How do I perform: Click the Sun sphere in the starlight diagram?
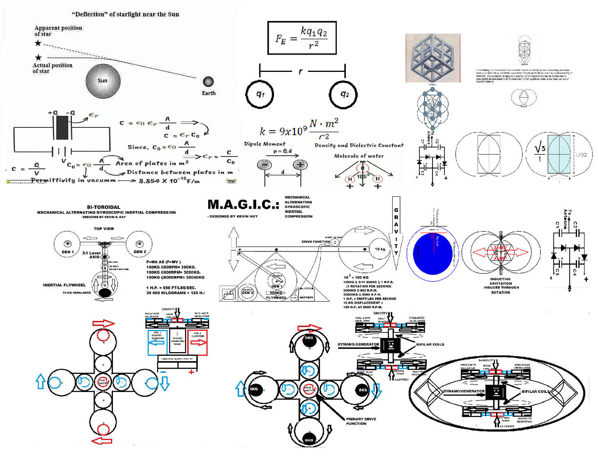click(103, 81)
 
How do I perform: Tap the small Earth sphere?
click(208, 81)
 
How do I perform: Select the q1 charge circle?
click(260, 94)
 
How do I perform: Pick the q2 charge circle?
click(343, 94)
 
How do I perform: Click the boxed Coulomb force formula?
click(302, 38)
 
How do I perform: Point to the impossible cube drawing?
click(432, 58)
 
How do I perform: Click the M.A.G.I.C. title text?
click(243, 204)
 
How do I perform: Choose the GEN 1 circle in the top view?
click(67, 244)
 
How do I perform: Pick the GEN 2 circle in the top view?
click(139, 244)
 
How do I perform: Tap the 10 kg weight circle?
click(379, 249)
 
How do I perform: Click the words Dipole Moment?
click(264, 144)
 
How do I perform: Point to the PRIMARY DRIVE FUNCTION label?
click(361, 421)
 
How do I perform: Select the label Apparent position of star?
click(58, 31)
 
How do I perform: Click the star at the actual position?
click(38, 58)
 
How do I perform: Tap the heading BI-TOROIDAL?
click(103, 207)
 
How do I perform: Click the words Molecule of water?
click(359, 156)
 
